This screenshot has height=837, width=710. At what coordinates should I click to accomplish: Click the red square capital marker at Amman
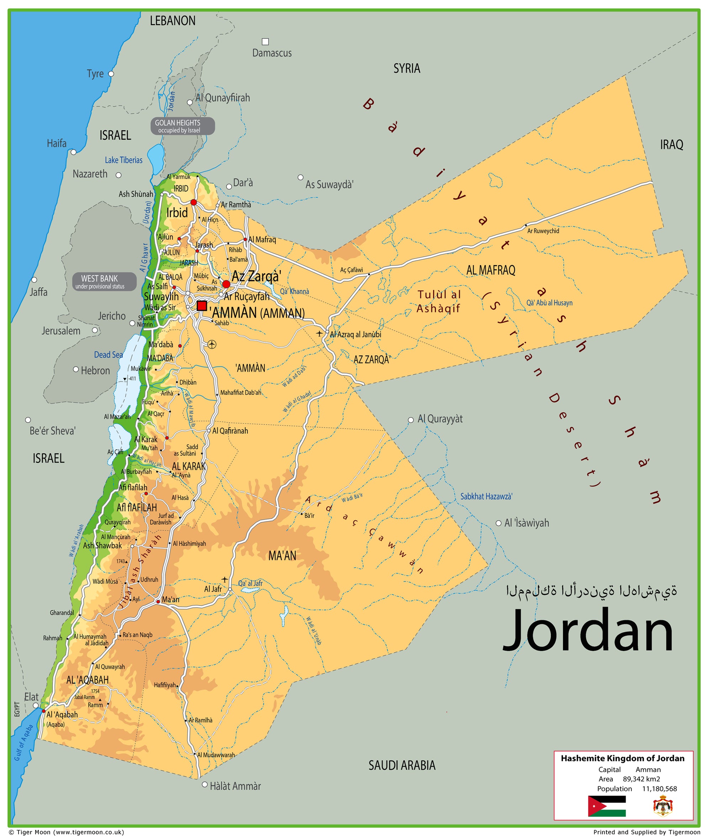point(202,306)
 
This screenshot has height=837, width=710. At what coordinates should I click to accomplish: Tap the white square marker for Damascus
point(265,42)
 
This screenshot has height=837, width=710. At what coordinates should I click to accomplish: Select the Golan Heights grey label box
point(182,126)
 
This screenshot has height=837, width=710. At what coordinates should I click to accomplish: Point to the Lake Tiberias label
point(123,160)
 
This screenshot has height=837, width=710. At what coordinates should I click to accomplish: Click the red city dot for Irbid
point(194,202)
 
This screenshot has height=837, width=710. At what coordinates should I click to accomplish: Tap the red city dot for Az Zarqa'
point(226,284)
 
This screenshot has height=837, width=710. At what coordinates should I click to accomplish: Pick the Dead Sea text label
point(108,354)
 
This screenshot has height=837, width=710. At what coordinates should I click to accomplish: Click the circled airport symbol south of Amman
point(212,344)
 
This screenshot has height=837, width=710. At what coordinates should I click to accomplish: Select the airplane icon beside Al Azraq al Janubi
point(319,333)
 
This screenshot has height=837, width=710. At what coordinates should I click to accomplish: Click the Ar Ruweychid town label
point(543,231)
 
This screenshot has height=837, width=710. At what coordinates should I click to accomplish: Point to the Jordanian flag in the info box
point(606,806)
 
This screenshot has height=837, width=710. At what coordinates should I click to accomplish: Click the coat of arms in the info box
point(662,806)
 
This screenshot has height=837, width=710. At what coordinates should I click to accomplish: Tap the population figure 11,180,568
point(659,789)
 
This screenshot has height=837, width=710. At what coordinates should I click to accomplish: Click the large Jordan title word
point(588,631)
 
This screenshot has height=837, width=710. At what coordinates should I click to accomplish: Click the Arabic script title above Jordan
point(591,591)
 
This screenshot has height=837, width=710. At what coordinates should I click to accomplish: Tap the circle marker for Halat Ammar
point(205,785)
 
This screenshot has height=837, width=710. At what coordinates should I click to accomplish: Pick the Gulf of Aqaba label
point(23,743)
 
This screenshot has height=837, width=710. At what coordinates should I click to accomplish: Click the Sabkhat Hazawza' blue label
point(486,496)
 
